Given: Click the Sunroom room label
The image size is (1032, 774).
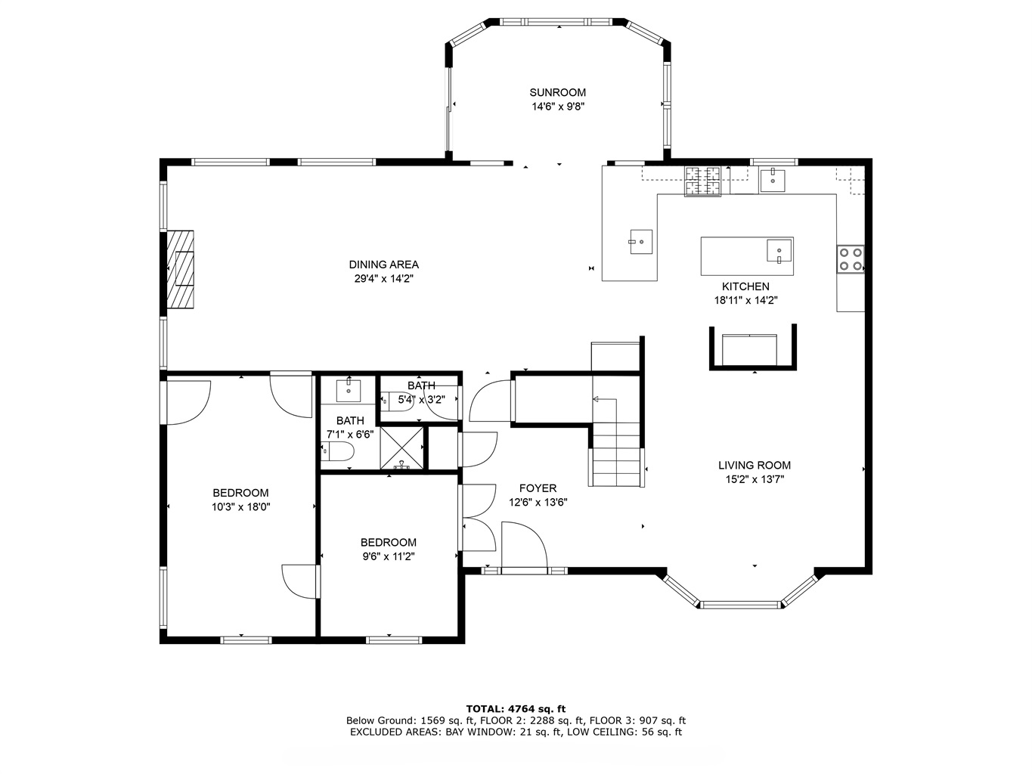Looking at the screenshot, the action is pos(558,92).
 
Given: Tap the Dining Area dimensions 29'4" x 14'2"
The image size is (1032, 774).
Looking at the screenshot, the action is pos(383,279).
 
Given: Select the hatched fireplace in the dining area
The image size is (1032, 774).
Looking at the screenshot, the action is pos(180,269).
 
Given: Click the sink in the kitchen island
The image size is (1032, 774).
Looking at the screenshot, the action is pos(779,250).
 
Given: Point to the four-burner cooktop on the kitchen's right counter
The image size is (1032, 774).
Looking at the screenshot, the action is pos(851,259).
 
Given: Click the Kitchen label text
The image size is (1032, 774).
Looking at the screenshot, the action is pos(745,286).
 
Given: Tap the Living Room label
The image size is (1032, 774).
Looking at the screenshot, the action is pos(754,466).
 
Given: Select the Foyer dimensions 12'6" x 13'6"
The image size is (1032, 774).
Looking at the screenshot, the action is pos(538,503).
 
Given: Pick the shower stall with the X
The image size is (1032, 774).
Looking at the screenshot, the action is pos(401,448).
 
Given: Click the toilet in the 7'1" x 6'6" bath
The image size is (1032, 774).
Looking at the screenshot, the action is pos(337,451).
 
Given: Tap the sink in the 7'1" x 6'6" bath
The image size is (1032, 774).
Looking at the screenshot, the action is pos(349,389).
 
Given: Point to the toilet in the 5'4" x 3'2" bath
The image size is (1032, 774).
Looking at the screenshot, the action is pos(396,401).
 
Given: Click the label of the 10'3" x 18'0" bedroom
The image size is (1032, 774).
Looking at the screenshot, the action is pos(240,493).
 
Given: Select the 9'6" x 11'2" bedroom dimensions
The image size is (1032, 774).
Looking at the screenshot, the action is pos(388,556).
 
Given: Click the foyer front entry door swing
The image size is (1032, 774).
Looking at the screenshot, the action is pos(524,545).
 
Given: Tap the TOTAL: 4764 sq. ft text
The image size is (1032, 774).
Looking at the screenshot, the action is pos(516,709).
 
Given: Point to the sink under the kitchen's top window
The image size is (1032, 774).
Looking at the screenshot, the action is pos(773,181).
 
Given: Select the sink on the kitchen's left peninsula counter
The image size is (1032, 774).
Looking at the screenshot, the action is pos(641,242).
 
